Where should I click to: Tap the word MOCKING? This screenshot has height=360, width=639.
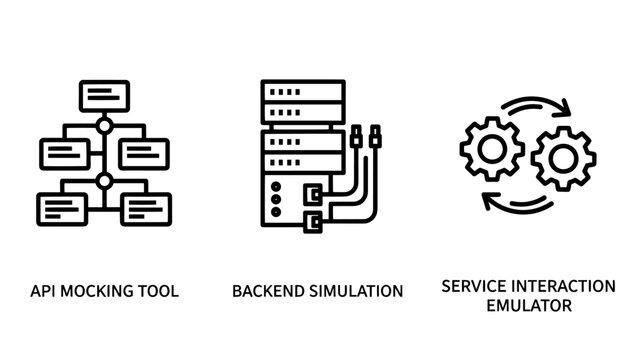[x=100, y=292]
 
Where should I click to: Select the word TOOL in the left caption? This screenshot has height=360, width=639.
[x=159, y=292]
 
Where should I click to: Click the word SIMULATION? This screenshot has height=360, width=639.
[x=355, y=292]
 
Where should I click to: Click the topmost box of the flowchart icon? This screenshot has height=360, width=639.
[x=104, y=96]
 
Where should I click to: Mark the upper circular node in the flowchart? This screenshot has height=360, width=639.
[x=104, y=128]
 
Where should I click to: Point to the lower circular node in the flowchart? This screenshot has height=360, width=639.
[x=104, y=182]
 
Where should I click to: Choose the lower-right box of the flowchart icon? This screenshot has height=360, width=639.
[x=145, y=207]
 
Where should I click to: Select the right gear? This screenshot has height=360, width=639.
[x=563, y=158]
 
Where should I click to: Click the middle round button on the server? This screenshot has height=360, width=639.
[x=277, y=198]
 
